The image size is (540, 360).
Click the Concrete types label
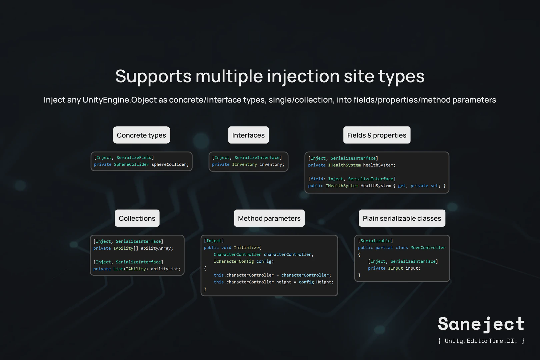141,135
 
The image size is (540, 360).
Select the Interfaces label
248,135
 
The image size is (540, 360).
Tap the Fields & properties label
377,135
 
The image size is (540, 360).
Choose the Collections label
137,218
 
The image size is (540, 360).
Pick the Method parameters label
269,218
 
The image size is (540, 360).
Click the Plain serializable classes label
402,218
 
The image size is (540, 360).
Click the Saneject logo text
481,324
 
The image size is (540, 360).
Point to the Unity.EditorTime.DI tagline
481,341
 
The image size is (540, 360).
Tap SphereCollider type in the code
131,164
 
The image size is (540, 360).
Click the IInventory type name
244,164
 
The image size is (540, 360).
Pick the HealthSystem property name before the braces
375,186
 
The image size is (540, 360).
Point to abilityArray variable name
157,248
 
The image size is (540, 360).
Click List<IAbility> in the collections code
131,269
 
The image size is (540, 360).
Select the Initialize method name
246,248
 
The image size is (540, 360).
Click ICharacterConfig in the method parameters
234,261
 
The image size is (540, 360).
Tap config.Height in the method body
316,282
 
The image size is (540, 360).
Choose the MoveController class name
428,248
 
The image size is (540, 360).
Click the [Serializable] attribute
375,241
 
